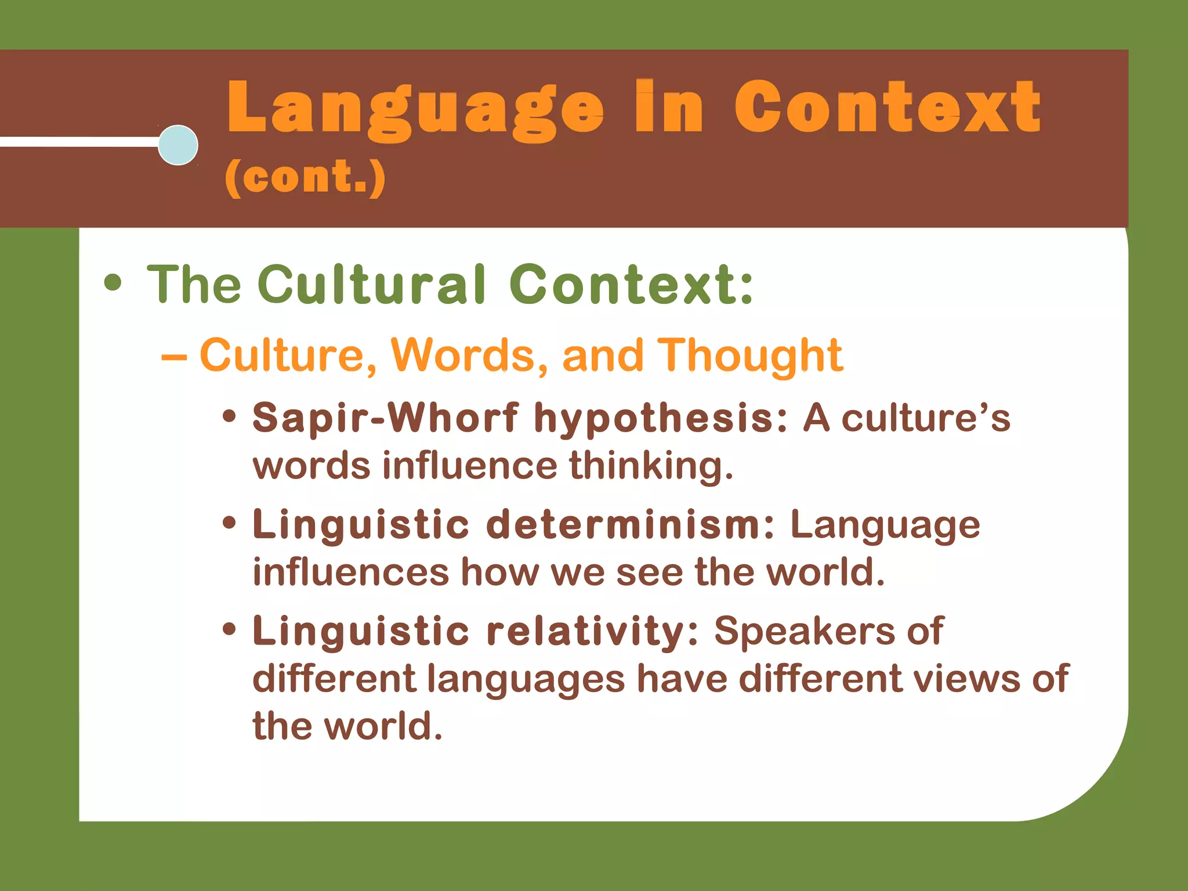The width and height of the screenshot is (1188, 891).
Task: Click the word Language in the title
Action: click(x=415, y=109)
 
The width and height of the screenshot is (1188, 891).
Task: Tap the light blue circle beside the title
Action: click(x=178, y=145)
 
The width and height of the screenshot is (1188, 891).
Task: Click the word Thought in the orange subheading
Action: click(x=749, y=355)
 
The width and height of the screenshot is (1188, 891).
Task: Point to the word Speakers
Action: click(x=804, y=631)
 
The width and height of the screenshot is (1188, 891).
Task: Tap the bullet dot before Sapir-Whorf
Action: click(x=230, y=416)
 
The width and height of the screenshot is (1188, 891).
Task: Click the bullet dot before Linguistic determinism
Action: click(x=230, y=523)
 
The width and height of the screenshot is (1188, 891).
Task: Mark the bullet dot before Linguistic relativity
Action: click(x=230, y=629)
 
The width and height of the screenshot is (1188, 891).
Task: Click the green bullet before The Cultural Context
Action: click(x=113, y=283)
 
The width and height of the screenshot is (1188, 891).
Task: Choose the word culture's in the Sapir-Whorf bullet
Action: click(x=926, y=418)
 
